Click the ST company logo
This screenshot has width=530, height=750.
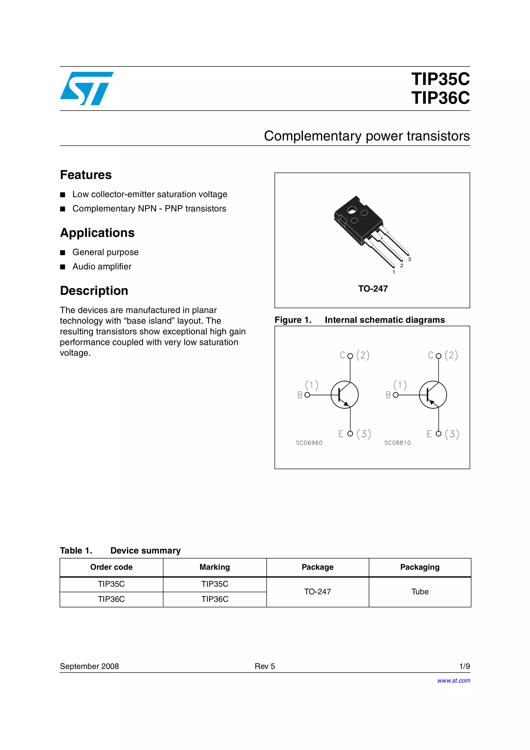[86, 88]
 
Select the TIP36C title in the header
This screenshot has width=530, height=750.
[440, 98]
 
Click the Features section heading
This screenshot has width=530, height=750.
[86, 175]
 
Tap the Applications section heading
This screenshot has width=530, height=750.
[97, 233]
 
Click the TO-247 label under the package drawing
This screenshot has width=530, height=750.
[373, 289]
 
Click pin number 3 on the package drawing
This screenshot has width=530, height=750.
[409, 259]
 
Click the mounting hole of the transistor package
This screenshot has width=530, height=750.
[352, 210]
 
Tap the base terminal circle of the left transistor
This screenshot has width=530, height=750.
[307, 395]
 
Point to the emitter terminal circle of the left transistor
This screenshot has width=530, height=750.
[350, 433]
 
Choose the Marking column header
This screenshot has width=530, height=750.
[215, 567]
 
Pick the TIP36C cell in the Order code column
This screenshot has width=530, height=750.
[111, 599]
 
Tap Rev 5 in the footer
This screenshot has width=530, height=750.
[265, 666]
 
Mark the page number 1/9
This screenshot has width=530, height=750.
[464, 666]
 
